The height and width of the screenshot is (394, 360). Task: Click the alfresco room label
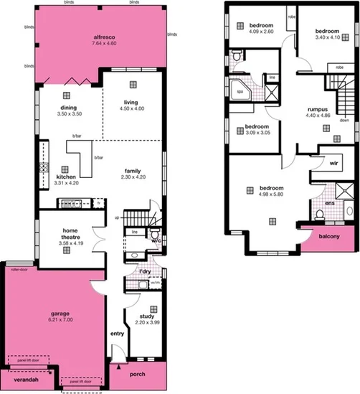pos(105,37)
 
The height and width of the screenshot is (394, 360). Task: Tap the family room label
pos(133,169)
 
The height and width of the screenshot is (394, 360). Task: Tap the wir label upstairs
pos(333,163)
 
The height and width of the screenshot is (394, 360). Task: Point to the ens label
pos(331,202)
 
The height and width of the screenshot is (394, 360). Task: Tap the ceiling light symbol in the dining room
pos(65,95)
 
